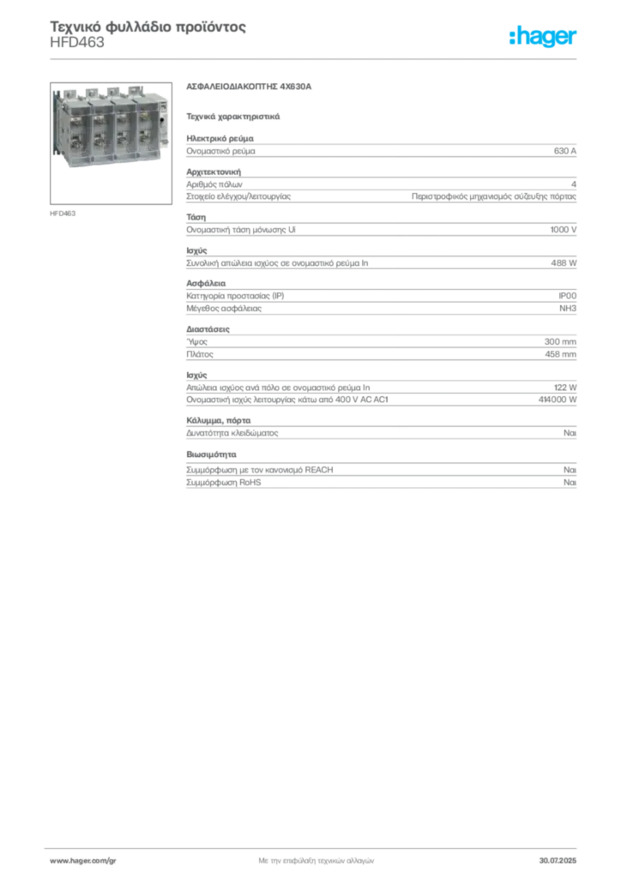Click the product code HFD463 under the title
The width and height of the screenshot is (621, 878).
[77, 43]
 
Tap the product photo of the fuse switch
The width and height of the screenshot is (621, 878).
[111, 143]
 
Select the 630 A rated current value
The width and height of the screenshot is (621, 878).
[565, 151]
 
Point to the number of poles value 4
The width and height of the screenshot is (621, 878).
[574, 184]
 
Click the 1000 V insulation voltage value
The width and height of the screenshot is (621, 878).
[564, 230]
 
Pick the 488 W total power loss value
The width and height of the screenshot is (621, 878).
[564, 262]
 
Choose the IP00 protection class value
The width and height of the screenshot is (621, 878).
[567, 296]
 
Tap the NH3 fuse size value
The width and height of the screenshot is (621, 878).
[568, 309]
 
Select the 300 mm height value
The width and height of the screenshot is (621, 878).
[560, 341]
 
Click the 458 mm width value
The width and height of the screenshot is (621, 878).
[560, 354]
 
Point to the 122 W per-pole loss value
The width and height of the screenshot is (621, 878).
[565, 388]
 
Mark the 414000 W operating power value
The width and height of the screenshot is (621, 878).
[558, 400]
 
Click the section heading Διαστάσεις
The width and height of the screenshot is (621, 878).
[208, 329]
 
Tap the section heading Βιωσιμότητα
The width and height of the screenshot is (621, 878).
[211, 454]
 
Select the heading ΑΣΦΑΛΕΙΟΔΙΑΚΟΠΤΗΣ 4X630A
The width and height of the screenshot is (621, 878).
[249, 87]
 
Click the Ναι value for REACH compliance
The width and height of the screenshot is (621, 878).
[570, 470]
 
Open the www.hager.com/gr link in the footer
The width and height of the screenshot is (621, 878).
[83, 861]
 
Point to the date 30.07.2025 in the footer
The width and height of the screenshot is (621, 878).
[558, 861]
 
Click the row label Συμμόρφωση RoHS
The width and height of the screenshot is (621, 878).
[223, 483]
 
